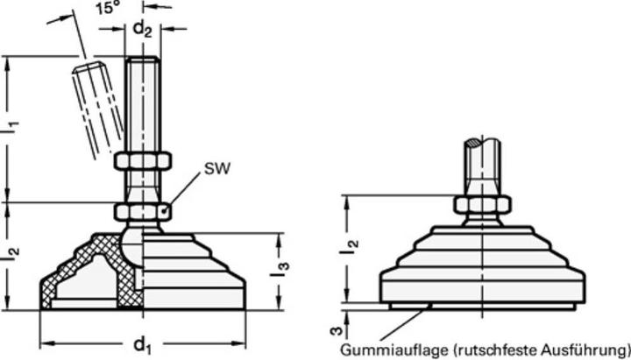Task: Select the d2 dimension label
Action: [x=142, y=30]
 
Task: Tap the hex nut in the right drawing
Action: [x=481, y=204]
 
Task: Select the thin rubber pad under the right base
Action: [x=481, y=305]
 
